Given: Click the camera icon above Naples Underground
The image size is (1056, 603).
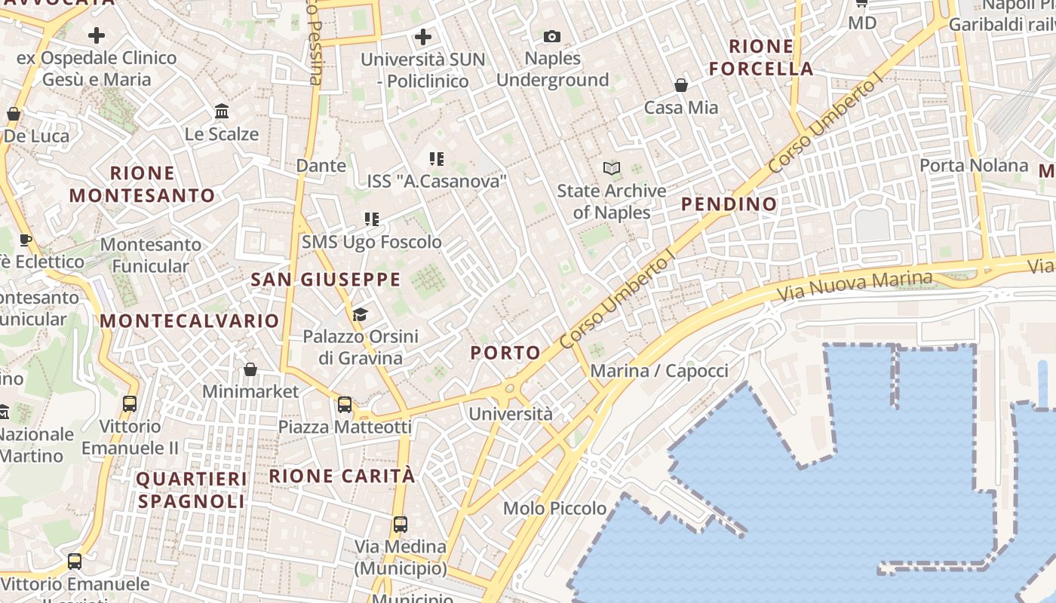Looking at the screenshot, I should click(552, 36).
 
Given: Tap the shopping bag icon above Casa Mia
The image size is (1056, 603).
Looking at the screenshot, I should click(681, 85).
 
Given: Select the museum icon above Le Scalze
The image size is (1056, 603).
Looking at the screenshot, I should click(222, 112).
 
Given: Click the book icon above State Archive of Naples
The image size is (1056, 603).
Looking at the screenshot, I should click(612, 169).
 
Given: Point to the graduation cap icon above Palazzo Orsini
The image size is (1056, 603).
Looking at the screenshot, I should click(361, 314).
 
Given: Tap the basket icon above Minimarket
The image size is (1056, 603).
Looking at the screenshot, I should click(250, 369).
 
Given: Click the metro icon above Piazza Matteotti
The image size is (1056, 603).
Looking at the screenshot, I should click(345, 405).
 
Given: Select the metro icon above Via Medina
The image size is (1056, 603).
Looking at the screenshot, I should click(401, 524).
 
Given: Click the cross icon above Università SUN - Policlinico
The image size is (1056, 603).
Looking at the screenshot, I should click(423, 36).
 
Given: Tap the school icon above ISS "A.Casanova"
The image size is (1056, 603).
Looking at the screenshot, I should click(436, 158).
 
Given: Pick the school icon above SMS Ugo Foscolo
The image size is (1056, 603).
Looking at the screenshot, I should click(371, 219).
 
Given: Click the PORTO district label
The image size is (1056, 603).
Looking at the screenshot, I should click(505, 353).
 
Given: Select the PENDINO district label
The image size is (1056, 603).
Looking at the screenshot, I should click(729, 204).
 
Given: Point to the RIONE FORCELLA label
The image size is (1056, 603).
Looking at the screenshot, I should click(761, 58).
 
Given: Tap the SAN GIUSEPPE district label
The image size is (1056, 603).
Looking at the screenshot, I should click(326, 280).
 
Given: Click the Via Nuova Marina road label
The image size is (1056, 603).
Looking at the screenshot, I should click(855, 286).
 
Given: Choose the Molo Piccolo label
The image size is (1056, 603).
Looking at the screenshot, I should click(555, 508).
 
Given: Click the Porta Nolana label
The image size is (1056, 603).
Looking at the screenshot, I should click(974, 165).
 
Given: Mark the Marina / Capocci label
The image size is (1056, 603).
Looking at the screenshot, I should click(659, 371).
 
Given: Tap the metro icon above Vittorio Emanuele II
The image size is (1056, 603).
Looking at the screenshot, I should click(130, 404).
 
